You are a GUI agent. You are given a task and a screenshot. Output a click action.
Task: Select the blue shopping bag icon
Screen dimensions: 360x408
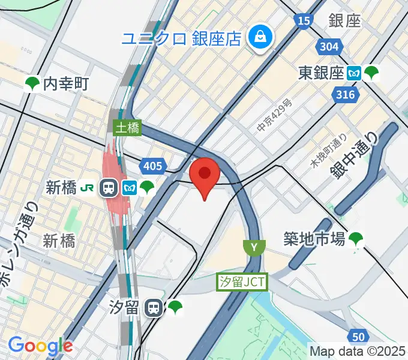(x=262, y=37)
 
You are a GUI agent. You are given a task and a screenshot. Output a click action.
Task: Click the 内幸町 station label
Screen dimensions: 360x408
(x=65, y=83)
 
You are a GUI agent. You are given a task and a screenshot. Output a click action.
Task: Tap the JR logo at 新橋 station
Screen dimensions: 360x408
(x=87, y=188)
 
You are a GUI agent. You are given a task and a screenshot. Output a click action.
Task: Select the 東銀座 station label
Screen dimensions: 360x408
(x=322, y=73)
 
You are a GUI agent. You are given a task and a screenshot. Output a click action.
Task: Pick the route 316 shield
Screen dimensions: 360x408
(x=347, y=94)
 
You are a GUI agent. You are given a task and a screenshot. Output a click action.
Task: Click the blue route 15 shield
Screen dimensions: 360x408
(x=303, y=21)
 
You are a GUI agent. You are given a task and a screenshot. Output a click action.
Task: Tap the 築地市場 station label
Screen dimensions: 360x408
(x=314, y=239)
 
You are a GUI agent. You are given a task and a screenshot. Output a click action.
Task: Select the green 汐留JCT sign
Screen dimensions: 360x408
(x=241, y=281)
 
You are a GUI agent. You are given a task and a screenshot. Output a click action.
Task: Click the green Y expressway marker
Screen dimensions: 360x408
(x=254, y=246)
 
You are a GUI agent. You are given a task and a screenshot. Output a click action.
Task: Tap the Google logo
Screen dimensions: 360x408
(x=40, y=346)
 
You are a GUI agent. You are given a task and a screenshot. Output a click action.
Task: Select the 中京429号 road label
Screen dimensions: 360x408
(x=275, y=117)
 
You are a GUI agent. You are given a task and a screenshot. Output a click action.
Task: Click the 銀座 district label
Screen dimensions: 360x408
(x=344, y=20)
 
